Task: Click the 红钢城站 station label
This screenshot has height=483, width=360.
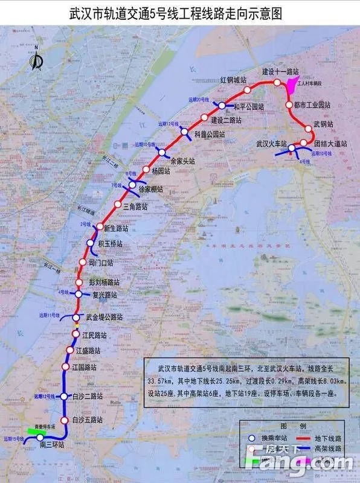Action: click(x=233, y=80)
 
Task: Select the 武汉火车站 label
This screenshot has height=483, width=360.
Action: click(x=271, y=144)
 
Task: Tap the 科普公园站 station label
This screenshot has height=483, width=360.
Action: click(x=209, y=135)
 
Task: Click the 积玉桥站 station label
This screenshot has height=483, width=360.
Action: click(x=110, y=244)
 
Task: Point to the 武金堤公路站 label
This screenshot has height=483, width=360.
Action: click(x=104, y=317)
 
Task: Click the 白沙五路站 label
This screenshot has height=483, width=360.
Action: click(x=87, y=420)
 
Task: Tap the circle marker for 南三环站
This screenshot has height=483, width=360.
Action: click(x=40, y=437)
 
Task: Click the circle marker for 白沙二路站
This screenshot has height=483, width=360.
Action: click(x=63, y=396)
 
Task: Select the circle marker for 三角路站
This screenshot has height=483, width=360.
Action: click(x=118, y=205)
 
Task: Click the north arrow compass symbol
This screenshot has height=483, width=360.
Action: click(x=37, y=60)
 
